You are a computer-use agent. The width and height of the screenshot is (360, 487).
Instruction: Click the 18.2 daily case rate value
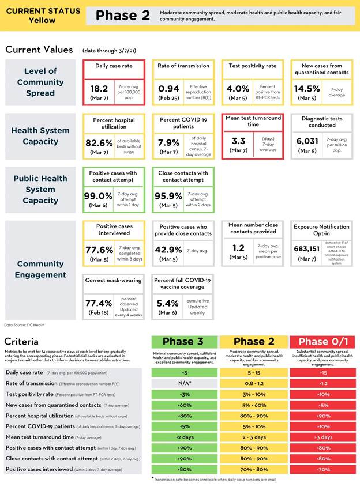coord(99,88)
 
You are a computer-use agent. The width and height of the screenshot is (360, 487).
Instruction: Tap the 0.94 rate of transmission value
coord(168,88)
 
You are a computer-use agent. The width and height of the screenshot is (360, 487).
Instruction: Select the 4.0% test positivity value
coord(238,88)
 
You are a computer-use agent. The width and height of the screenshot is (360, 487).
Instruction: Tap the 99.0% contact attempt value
coord(99,195)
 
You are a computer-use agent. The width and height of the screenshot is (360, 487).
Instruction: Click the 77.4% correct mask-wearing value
coord(99,302)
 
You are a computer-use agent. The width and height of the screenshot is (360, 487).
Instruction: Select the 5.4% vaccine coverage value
coord(168,302)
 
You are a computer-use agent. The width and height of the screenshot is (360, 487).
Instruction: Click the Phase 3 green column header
coord(185,342)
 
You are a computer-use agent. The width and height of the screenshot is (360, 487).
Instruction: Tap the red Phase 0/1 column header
coord(321,342)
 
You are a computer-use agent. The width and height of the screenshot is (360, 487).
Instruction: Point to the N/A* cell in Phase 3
coord(185,383)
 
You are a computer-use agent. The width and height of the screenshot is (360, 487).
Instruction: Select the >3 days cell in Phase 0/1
coord(321,437)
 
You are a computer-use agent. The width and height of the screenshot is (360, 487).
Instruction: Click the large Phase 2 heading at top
coord(122,16)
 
